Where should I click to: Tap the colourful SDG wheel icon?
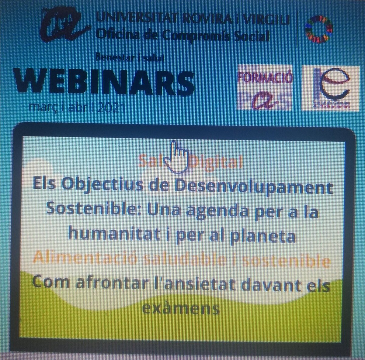coord(318,28)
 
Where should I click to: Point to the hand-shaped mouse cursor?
coord(179,156)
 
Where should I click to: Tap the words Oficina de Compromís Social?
coord(183,36)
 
